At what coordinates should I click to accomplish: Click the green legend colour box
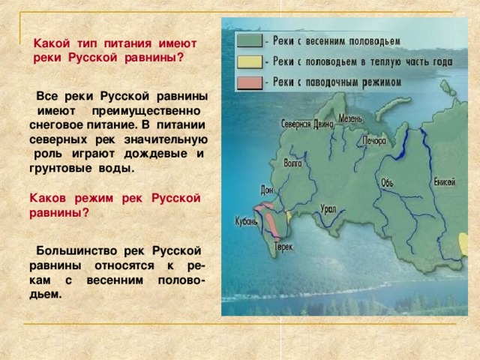250,40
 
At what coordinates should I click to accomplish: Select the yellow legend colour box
250,61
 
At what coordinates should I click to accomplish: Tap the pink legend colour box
250,82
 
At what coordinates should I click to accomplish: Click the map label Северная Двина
307,124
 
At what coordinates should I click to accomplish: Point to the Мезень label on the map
350,118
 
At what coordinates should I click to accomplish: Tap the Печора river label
374,140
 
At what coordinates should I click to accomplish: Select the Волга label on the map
292,163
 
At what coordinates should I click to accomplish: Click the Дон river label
266,190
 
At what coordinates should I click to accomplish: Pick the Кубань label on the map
246,221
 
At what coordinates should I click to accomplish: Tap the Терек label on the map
283,247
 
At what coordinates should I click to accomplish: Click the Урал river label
328,208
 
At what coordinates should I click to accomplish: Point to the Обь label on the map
387,183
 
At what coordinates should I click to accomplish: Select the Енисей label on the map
445,181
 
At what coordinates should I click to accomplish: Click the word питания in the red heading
127,43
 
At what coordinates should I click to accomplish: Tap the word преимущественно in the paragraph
146,111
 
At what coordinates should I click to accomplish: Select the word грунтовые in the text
60,168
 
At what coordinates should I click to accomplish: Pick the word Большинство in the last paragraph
76,251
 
